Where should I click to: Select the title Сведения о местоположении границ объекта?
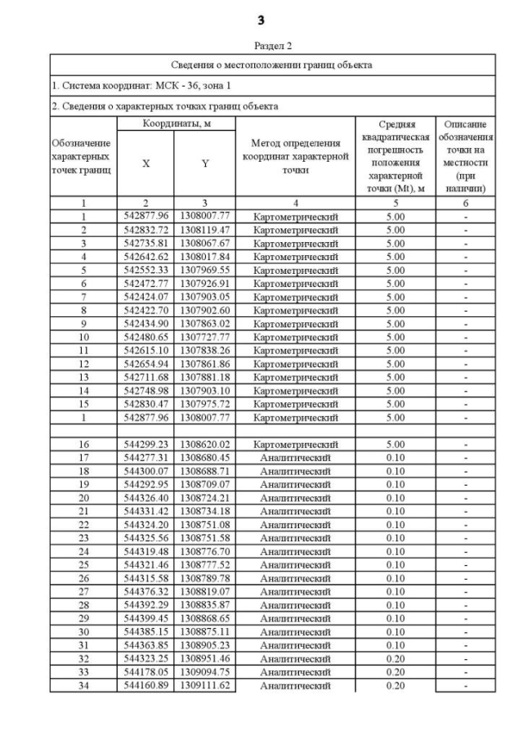click(x=271, y=65)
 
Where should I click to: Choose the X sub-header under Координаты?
click(x=146, y=163)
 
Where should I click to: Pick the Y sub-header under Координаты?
click(x=205, y=163)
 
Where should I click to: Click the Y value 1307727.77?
click(x=205, y=337)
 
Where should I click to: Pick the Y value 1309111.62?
click(x=205, y=685)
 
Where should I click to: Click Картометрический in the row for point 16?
click(x=295, y=444)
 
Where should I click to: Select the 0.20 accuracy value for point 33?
click(x=395, y=672)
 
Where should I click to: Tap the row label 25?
click(x=83, y=565)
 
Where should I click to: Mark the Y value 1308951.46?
click(x=205, y=658)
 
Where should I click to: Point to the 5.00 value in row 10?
click(x=395, y=337)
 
